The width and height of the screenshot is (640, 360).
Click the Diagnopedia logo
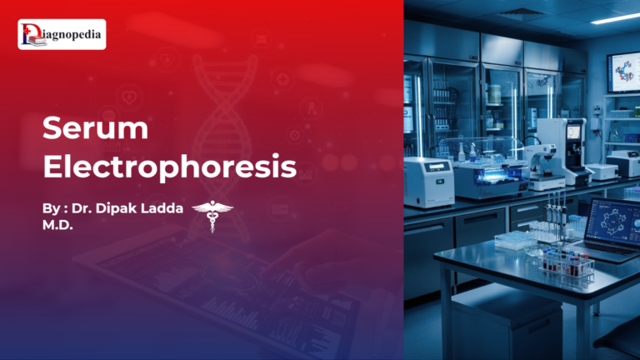[62, 34]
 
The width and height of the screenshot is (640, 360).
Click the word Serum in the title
[95, 129]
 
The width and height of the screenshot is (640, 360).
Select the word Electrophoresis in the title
[169, 166]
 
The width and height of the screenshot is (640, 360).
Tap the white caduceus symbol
[212, 214]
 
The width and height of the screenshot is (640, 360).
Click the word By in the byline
[51, 207]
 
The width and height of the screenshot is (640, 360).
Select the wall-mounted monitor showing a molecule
[622, 72]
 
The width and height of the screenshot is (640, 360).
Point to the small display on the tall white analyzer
[574, 132]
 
